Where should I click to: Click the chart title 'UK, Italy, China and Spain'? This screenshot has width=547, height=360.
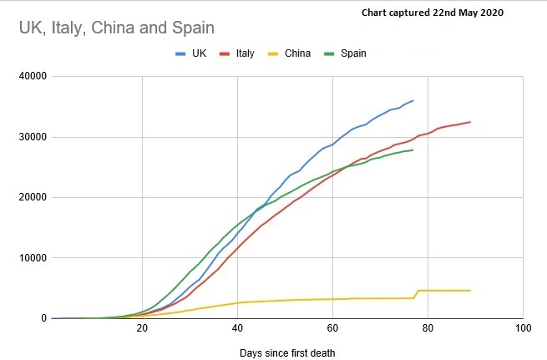117,28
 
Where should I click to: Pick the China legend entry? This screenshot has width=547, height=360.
290,53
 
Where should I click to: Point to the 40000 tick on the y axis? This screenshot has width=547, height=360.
30,77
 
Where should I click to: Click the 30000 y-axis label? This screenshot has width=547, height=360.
30,137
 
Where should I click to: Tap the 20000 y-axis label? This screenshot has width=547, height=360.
30,198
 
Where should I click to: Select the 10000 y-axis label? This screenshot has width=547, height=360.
30,258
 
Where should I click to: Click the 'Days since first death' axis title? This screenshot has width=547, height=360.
286,352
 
